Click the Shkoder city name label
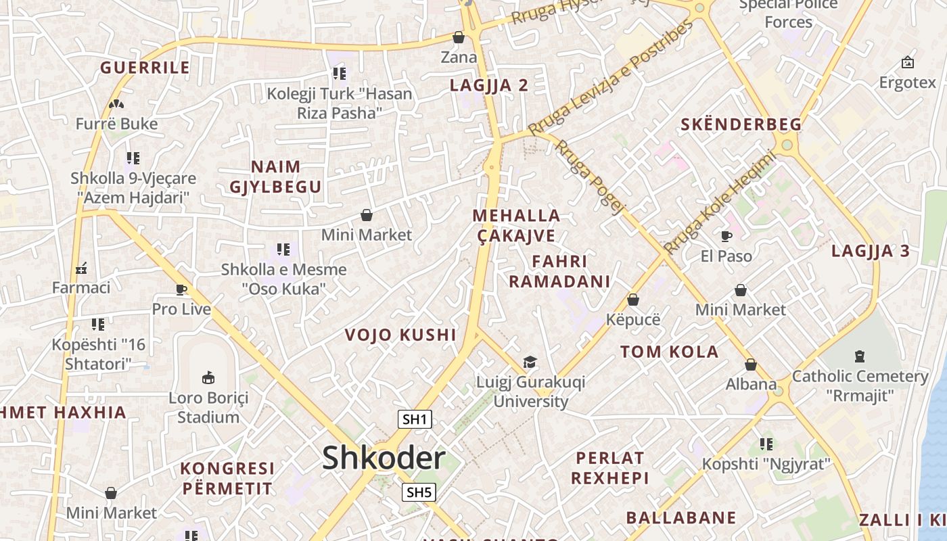click(x=384, y=458)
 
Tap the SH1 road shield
click(x=415, y=419)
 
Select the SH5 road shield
click(x=418, y=492)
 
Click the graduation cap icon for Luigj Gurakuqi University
click(x=530, y=362)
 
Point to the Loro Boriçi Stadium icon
click(x=208, y=377)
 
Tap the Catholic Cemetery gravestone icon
click(x=860, y=356)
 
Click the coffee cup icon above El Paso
click(x=726, y=236)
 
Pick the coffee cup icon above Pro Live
click(x=181, y=289)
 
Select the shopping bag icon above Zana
click(x=459, y=37)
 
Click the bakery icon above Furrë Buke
click(x=116, y=104)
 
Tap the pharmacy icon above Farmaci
click(x=81, y=268)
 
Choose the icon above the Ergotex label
click(x=908, y=63)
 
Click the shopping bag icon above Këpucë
click(x=633, y=299)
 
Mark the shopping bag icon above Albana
click(x=751, y=364)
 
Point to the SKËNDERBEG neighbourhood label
click(x=741, y=124)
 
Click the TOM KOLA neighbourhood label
click(x=669, y=352)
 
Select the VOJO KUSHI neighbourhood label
click(x=400, y=335)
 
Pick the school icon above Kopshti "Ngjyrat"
click(x=766, y=444)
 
